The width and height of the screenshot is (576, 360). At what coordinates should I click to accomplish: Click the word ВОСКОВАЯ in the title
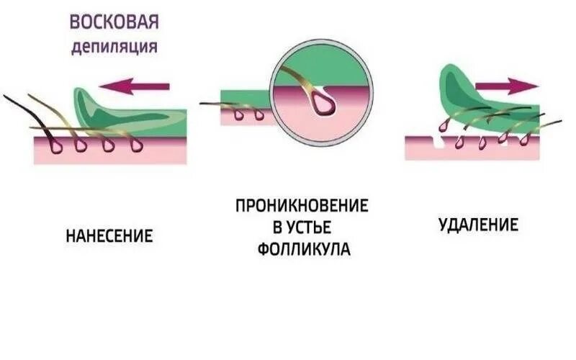click(x=114, y=22)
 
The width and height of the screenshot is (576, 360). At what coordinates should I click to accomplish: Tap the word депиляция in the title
click(x=114, y=48)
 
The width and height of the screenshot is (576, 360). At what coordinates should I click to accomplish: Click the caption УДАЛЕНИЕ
click(x=479, y=225)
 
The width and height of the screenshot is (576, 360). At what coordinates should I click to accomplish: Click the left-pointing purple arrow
click(x=134, y=86)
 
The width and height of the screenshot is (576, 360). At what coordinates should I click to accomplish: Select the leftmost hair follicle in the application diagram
click(x=55, y=145)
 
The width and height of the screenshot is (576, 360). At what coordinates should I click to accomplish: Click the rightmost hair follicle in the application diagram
click(x=135, y=145)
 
